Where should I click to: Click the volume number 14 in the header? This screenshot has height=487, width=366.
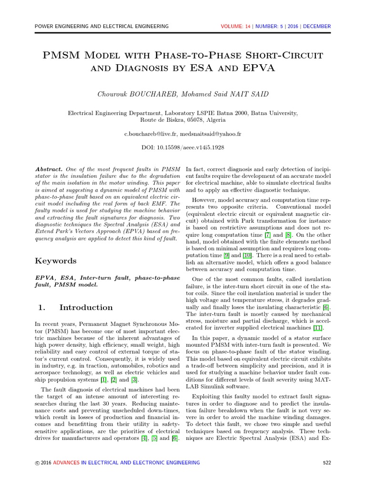pos(247,26)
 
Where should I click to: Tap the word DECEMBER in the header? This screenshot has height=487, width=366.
pos(316,26)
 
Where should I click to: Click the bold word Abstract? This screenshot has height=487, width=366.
pos(49,169)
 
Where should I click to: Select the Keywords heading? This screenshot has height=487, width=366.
pos(56,261)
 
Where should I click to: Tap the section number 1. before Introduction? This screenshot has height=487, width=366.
pos(41,307)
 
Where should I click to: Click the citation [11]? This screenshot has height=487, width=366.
pos(318,328)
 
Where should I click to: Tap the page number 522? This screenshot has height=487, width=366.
pos(326,462)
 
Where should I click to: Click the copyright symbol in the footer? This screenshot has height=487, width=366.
pos(31,463)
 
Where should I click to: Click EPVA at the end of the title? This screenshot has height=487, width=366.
pos(258,68)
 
